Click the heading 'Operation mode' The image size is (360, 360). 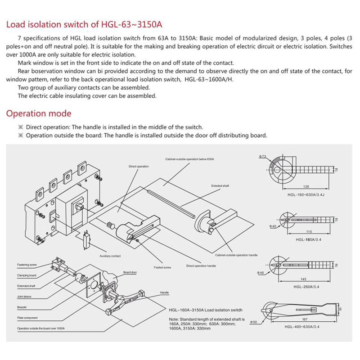tap(39, 113)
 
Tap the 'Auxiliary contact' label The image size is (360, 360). tap(110, 256)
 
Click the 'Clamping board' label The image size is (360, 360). tap(27, 275)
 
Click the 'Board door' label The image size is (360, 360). tap(130, 272)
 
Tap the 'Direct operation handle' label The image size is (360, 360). tap(201, 266)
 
